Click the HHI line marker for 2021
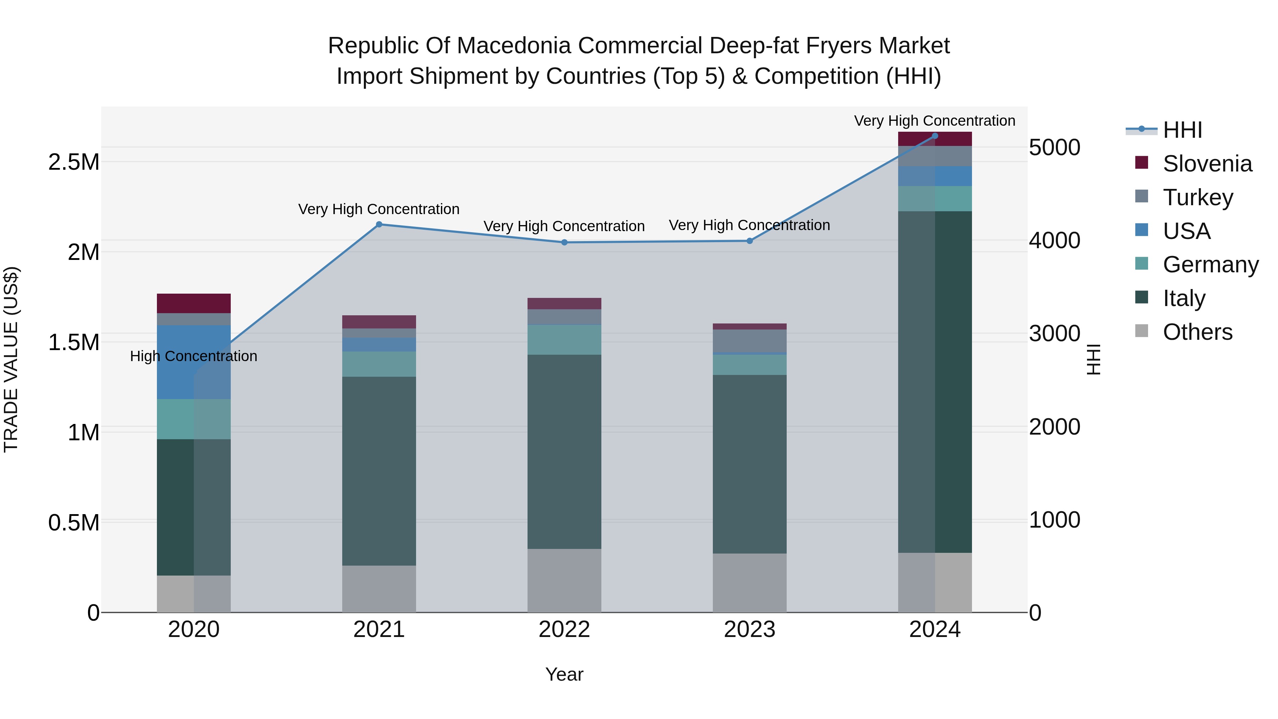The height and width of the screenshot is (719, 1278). click(x=379, y=224)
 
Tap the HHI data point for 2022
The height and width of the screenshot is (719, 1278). click(x=564, y=242)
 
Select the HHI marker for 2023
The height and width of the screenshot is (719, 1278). click(x=750, y=241)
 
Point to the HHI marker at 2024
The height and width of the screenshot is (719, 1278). click(x=935, y=136)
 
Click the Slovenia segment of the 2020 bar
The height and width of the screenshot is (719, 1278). click(x=193, y=303)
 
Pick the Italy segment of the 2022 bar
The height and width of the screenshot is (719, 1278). click(x=564, y=452)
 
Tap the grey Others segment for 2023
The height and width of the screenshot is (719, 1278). click(x=750, y=583)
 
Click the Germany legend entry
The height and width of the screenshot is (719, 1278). click(x=1210, y=265)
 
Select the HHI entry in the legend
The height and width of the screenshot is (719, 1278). click(x=1182, y=130)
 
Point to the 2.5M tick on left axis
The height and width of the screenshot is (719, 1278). click(x=73, y=162)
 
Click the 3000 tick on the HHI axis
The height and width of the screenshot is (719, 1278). click(x=1054, y=333)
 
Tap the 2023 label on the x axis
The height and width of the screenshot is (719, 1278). click(x=750, y=629)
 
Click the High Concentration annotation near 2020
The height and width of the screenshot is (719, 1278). click(x=193, y=356)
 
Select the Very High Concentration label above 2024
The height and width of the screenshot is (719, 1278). click(x=935, y=121)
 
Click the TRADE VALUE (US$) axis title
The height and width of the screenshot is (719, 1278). click(x=11, y=359)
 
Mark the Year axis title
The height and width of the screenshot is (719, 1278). click(x=564, y=674)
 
